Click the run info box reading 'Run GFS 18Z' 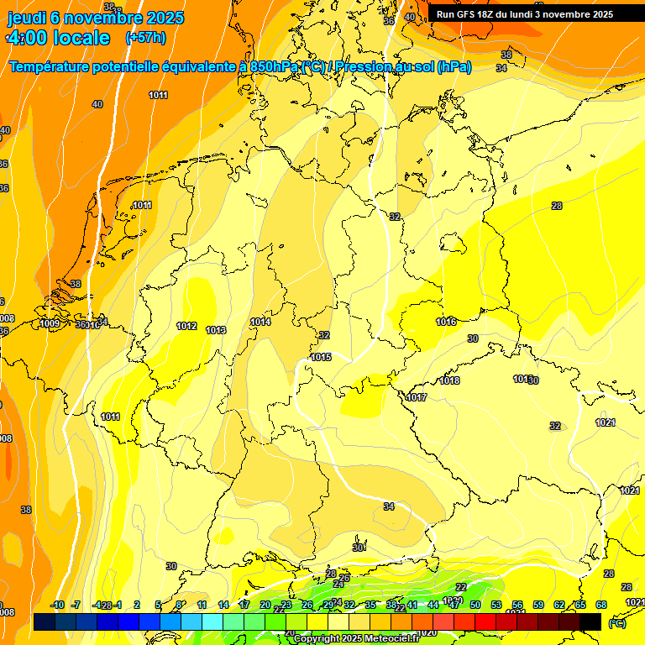pos(524,14)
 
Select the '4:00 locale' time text pos(58,38)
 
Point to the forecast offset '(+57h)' pos(145,38)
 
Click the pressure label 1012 pos(186,326)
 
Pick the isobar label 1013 pos(216,330)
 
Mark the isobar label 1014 pos(260,322)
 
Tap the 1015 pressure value pos(321,357)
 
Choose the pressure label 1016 pos(446,322)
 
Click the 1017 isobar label pos(417,397)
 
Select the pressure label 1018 pos(450,380)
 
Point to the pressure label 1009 pos(50,323)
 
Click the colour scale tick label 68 pos(601,605)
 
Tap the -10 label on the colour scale pos(58,605)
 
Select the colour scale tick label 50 pos(475,605)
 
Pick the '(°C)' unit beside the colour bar pos(616,622)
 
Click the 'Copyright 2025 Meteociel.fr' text pos(355,638)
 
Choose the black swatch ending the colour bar pos(590,621)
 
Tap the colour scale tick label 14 pos(223,605)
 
